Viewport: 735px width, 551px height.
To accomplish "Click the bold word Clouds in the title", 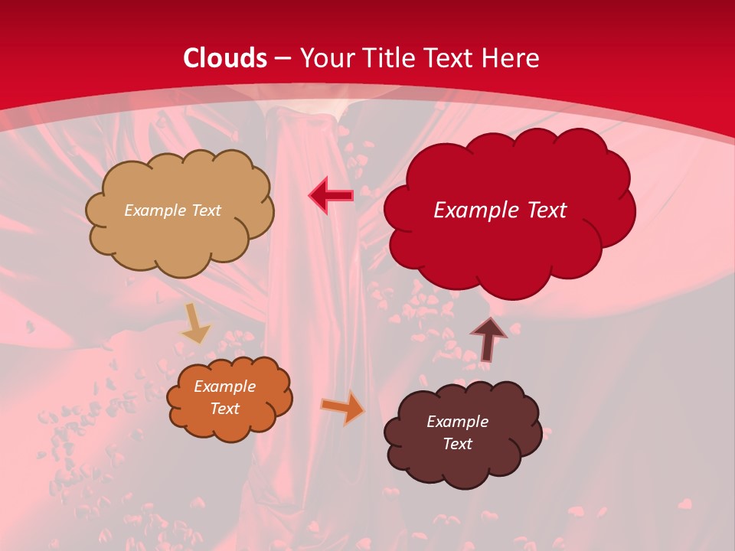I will tap(225, 58).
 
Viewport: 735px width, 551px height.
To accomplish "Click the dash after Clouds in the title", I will tap(283, 59).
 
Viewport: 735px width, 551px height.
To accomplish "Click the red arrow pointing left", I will tap(331, 196).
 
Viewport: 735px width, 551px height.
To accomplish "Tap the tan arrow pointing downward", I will tap(195, 324).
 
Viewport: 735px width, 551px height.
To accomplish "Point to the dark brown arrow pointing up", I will tap(488, 338).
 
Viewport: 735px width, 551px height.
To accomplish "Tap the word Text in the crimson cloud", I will tap(541, 210).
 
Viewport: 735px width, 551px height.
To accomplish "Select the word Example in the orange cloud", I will tap(224, 386).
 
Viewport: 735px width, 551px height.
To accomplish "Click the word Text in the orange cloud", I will tap(224, 409).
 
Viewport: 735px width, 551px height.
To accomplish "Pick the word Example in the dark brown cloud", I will tap(457, 422).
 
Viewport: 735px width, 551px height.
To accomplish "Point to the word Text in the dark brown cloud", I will tap(457, 444).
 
